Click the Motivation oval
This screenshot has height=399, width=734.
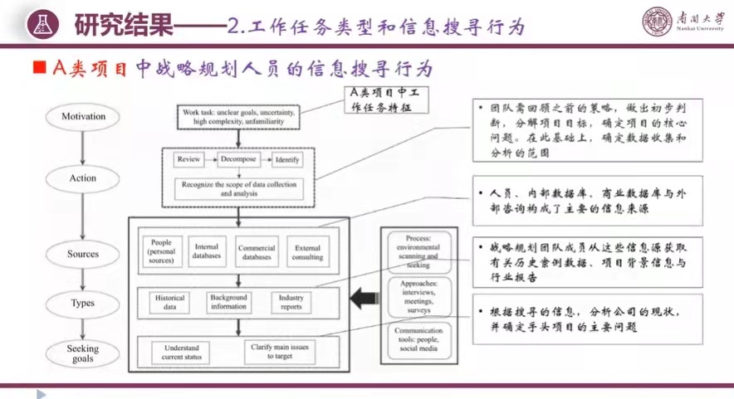tap(83, 117)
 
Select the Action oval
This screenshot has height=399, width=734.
tap(83, 178)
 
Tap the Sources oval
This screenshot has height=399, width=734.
tap(83, 254)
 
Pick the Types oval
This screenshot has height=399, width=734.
tap(83, 303)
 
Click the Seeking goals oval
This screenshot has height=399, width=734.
tap(83, 354)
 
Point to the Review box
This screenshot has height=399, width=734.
tap(188, 159)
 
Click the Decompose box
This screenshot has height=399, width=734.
tap(238, 159)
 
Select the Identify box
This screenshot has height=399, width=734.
tap(286, 159)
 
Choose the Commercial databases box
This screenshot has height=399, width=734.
tap(257, 251)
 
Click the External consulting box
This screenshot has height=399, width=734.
tap(306, 251)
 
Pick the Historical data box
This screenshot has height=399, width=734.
tap(169, 302)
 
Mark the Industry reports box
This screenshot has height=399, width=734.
tap(291, 302)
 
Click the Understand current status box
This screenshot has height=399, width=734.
tap(181, 352)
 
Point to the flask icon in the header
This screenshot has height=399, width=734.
tap(40, 24)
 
